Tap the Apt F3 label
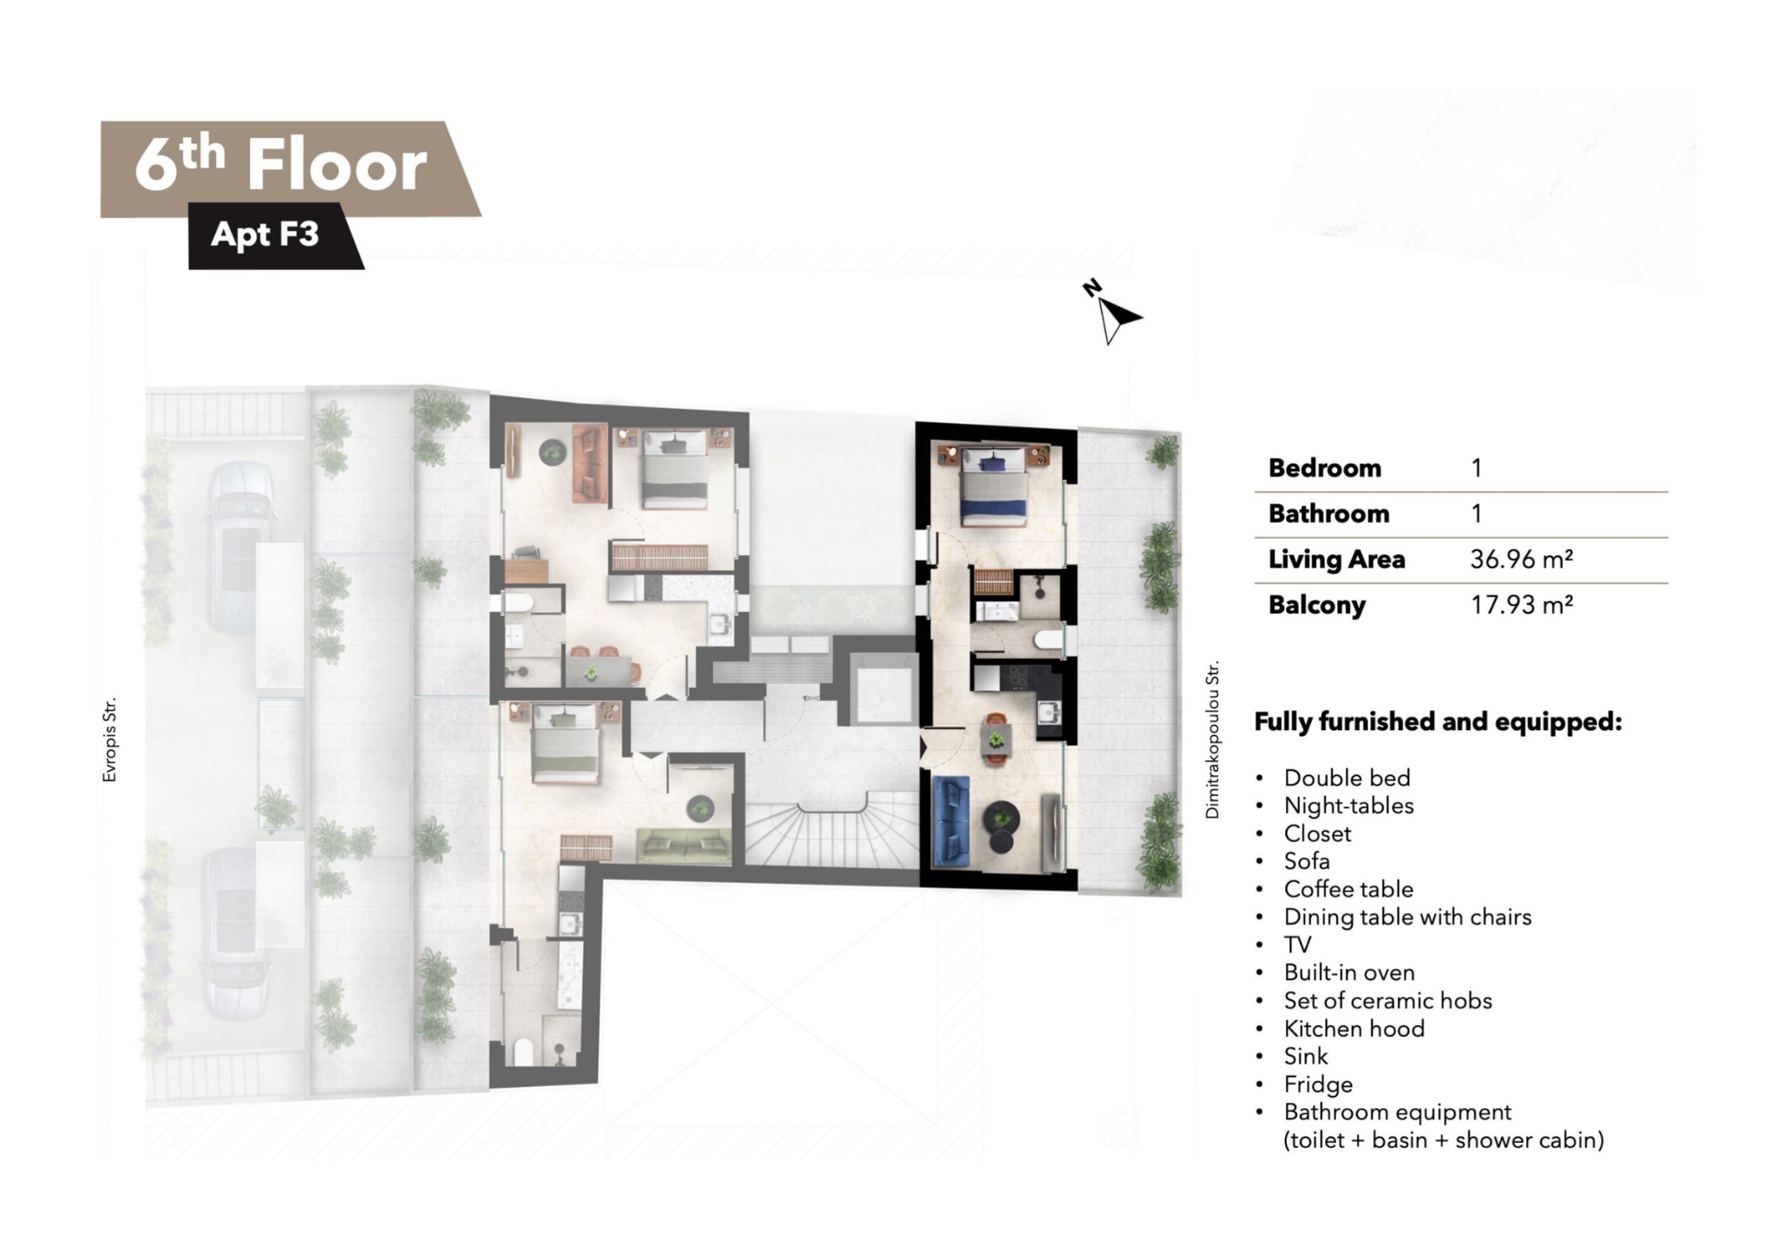(x=265, y=234)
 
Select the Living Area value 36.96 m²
(x=1521, y=559)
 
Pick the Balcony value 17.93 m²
(x=1521, y=604)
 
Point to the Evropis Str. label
(x=109, y=740)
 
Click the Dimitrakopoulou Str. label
(x=1212, y=740)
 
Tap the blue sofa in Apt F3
(x=951, y=821)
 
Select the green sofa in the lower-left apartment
(x=684, y=845)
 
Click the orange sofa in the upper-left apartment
(x=589, y=463)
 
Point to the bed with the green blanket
(x=565, y=745)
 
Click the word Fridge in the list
(x=1318, y=1084)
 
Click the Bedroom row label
(x=1325, y=468)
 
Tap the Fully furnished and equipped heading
(x=1439, y=721)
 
